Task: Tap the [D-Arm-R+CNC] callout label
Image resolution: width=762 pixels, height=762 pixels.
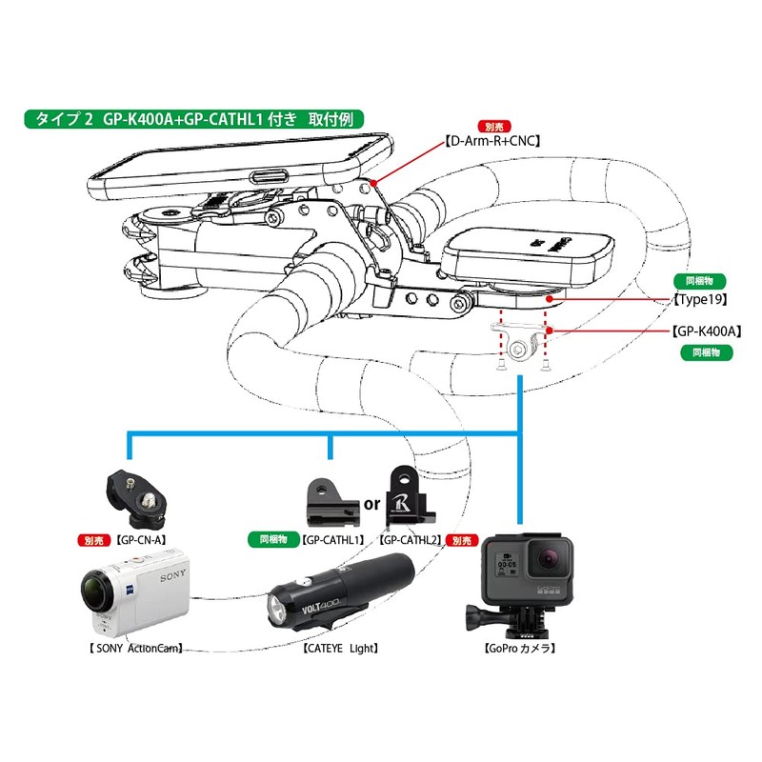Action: (x=492, y=140)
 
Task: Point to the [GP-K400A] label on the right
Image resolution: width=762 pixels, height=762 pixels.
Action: (x=706, y=332)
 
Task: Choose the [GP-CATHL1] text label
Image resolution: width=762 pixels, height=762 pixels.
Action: (x=332, y=539)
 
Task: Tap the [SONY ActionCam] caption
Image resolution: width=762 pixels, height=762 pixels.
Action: (x=130, y=648)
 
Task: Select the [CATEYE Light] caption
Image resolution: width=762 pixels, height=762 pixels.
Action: (x=340, y=648)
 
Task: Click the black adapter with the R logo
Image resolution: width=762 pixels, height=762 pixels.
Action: (x=407, y=496)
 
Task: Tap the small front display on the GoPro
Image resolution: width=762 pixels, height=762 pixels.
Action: (x=505, y=558)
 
